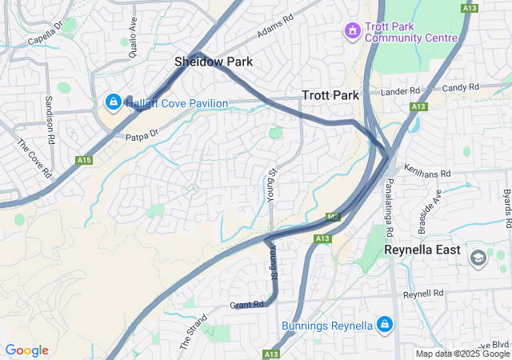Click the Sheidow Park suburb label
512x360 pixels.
pos(214,62)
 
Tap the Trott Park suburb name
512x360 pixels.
pos(330,95)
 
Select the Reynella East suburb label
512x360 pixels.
pos(422,250)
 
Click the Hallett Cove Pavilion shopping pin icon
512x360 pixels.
pos(114,102)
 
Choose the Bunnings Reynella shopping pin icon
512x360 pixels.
pos(385,324)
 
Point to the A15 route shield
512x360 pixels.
pos(84,161)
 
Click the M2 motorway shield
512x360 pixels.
pos(334,217)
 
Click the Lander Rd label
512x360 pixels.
pos(401,92)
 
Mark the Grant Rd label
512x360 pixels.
pos(246,305)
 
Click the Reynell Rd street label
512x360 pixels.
pos(423,294)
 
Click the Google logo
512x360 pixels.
pos(26,350)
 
